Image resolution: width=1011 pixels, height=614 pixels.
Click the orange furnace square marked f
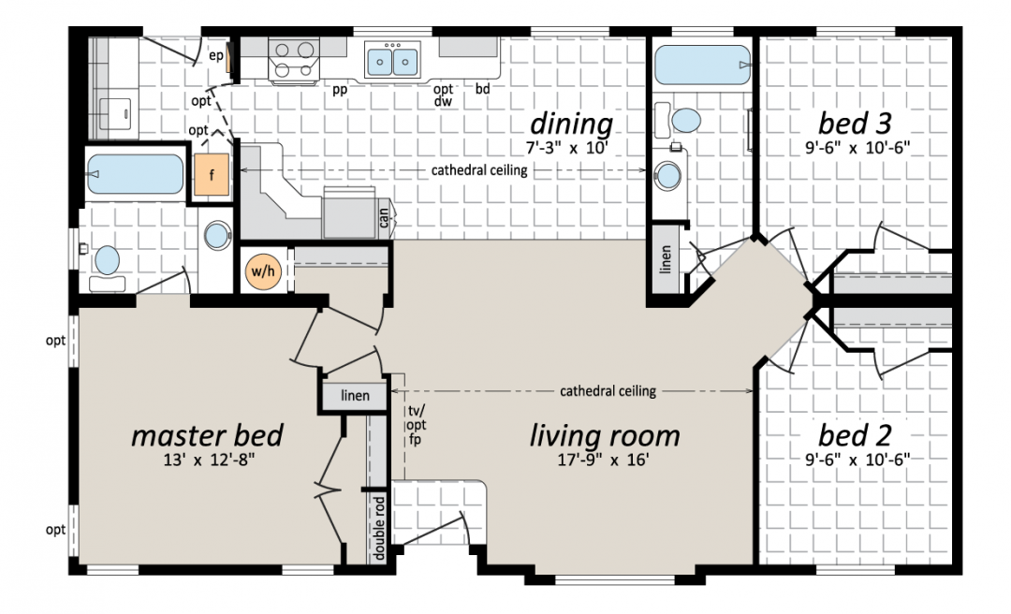(212, 174)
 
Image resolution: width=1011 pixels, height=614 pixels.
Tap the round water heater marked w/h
(263, 271)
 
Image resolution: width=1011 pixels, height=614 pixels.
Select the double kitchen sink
(391, 61)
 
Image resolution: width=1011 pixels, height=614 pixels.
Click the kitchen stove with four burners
(294, 61)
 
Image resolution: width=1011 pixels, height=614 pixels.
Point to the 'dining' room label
(571, 124)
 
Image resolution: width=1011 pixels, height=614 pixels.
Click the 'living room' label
(605, 435)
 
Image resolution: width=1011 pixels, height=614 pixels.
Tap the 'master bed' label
(207, 435)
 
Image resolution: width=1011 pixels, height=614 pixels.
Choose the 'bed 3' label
(855, 123)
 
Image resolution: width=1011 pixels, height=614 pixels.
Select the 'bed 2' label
(855, 435)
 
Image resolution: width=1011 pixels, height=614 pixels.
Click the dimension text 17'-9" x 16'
(604, 460)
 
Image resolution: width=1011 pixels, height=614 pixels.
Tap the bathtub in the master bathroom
(135, 173)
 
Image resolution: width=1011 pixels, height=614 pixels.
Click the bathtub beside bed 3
(702, 65)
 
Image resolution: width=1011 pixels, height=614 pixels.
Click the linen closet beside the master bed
(355, 395)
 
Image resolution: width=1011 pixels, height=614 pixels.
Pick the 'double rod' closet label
(378, 528)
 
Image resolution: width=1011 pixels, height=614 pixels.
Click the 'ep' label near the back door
(216, 56)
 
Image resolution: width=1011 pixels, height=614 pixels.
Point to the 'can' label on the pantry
(384, 218)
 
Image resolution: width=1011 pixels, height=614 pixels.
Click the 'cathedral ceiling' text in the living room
(608, 391)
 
